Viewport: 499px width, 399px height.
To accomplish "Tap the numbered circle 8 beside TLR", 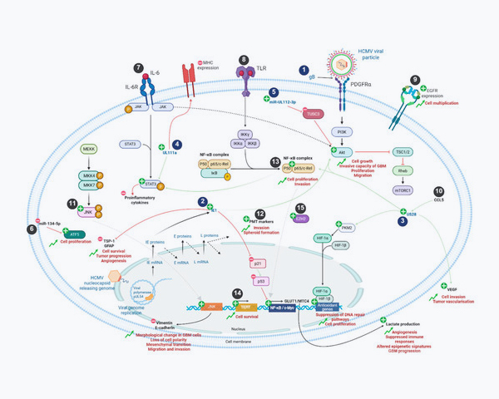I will (244, 60).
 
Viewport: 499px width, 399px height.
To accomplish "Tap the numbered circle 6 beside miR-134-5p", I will (32, 229).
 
